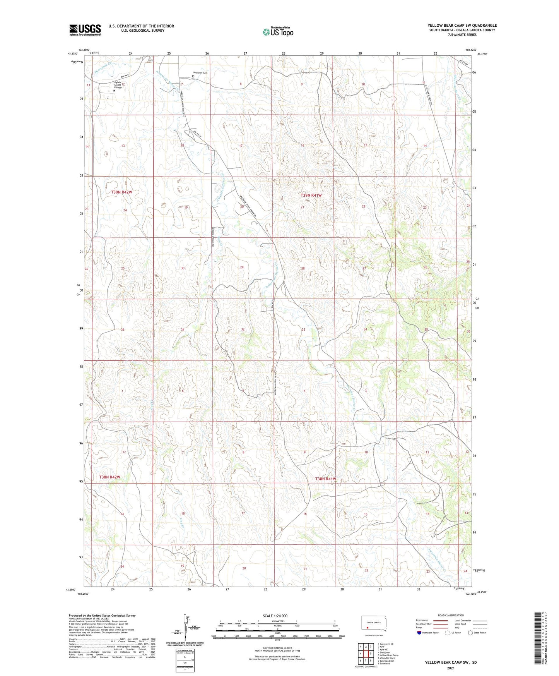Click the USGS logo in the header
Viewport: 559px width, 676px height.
(85, 30)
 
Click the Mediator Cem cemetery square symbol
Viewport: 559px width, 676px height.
(193, 76)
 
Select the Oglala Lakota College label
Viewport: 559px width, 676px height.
(118, 85)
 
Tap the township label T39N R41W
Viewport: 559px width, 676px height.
(311, 196)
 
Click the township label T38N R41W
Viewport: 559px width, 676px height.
(325, 479)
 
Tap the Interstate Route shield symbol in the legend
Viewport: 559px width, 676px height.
(419, 633)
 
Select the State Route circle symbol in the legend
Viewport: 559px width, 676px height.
(470, 633)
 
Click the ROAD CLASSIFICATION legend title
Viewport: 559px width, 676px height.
(451, 615)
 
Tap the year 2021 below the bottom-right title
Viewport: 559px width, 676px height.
(451, 668)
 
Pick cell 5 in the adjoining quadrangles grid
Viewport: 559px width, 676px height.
(371, 654)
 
